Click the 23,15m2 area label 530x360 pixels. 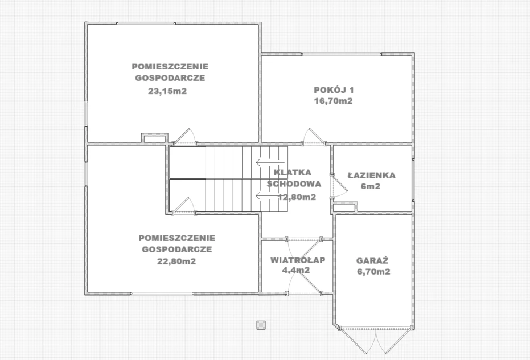(167, 91)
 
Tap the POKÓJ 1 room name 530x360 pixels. (334, 90)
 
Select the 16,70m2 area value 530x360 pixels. (333, 101)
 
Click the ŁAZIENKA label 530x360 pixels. (372, 175)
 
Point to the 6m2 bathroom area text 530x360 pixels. (371, 186)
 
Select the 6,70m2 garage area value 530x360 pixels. (373, 271)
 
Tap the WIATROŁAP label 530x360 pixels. (298, 260)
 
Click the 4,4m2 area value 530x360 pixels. (296, 270)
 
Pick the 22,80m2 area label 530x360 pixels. (176, 261)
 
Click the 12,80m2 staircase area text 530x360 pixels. (297, 197)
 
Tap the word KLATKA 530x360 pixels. (293, 173)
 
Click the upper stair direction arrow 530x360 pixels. (268, 162)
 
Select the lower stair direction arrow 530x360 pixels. (268, 195)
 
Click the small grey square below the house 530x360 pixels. (261, 325)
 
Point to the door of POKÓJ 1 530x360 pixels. (314, 137)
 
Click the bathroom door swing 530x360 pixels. (339, 186)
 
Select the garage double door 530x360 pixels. (376, 340)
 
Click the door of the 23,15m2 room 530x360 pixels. (184, 137)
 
